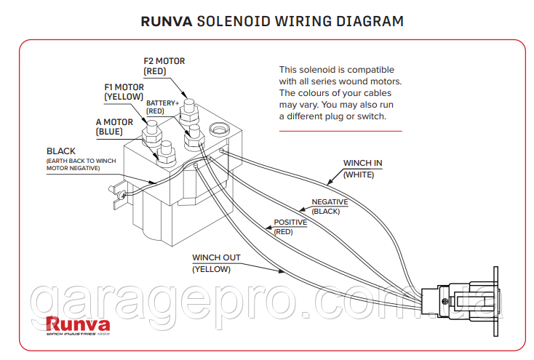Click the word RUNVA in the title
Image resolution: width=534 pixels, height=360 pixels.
click(167, 21)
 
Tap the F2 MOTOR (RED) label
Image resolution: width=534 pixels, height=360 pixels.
click(164, 66)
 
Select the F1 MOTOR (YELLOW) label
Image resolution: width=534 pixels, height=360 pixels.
click(124, 92)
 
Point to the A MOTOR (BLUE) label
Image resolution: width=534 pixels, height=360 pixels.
click(114, 127)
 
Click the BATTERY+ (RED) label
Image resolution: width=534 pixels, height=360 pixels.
click(162, 108)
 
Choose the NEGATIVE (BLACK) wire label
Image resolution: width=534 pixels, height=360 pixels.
click(330, 206)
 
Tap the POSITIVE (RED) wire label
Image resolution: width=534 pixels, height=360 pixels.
click(290, 226)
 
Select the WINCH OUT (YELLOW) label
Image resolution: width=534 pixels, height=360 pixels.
click(216, 263)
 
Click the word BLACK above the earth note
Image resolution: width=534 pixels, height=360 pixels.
click(61, 151)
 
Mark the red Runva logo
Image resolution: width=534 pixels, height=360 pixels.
click(78, 325)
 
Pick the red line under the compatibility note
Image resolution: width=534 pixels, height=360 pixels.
click(340, 131)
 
